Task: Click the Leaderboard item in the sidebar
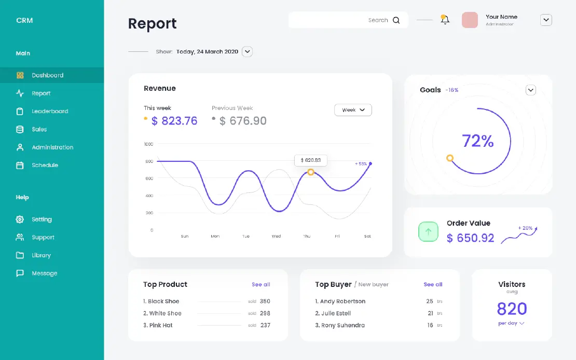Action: [50, 112]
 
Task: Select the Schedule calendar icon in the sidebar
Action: [20, 165]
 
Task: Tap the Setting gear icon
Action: [20, 219]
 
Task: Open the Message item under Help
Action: [45, 273]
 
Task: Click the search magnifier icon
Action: [396, 20]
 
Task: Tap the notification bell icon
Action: [445, 20]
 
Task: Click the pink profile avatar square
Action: [470, 20]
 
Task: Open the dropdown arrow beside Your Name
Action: [546, 20]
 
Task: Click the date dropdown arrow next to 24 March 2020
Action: [247, 51]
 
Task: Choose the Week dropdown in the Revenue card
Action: [353, 110]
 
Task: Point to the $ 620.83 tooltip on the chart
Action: [311, 160]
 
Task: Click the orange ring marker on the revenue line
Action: [311, 172]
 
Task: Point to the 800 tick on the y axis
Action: [149, 161]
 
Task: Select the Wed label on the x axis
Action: [276, 236]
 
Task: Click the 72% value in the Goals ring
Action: [477, 141]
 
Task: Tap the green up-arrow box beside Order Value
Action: [428, 232]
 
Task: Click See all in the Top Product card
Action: [261, 284]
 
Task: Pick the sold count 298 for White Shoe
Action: [265, 313]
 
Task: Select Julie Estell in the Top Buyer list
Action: [336, 313]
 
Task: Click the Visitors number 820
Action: [512, 309]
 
